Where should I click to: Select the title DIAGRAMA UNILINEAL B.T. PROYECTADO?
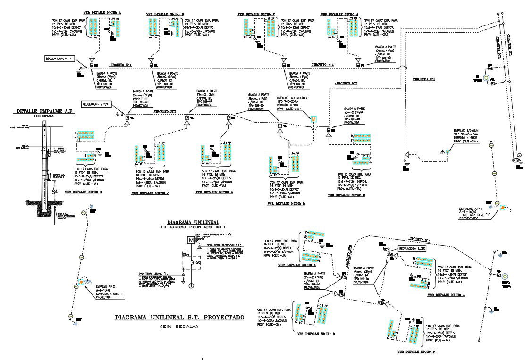tap(179, 318)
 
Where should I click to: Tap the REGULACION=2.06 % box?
tap(58, 59)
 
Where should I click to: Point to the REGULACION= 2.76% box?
tap(96, 103)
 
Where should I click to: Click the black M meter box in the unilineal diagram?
tap(191, 240)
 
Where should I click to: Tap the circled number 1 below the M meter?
tap(191, 285)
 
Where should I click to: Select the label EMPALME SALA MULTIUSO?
tap(293, 98)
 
